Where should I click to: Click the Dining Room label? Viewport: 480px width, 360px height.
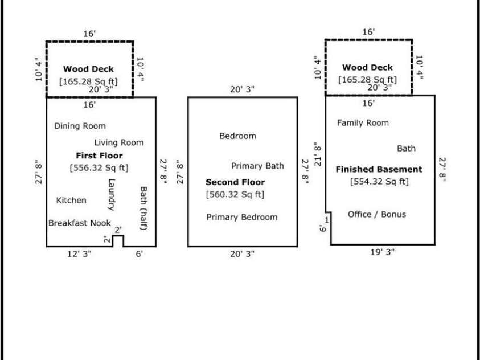(80, 126)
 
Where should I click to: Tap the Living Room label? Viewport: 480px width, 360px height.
(119, 142)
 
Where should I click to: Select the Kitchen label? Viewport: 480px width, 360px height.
(72, 200)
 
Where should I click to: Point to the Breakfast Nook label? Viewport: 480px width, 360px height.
(79, 223)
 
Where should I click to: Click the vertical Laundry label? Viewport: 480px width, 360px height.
(111, 195)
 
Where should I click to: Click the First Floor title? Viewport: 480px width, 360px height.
(99, 156)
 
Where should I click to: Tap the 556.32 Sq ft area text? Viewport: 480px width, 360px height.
(99, 167)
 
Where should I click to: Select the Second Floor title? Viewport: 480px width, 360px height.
(235, 182)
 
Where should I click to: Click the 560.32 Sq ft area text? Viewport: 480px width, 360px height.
(235, 194)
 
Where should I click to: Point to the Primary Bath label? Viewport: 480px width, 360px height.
(257, 166)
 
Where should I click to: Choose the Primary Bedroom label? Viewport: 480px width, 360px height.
(242, 217)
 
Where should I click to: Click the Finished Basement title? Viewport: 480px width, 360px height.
(379, 169)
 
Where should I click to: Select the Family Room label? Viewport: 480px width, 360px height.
(363, 122)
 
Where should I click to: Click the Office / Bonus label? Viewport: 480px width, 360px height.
(377, 214)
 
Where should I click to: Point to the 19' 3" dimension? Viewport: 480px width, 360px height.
(381, 252)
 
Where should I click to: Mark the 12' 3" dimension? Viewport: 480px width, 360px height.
(78, 254)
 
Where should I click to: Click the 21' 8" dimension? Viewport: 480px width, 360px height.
(317, 154)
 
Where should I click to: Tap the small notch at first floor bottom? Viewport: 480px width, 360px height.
(118, 241)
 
